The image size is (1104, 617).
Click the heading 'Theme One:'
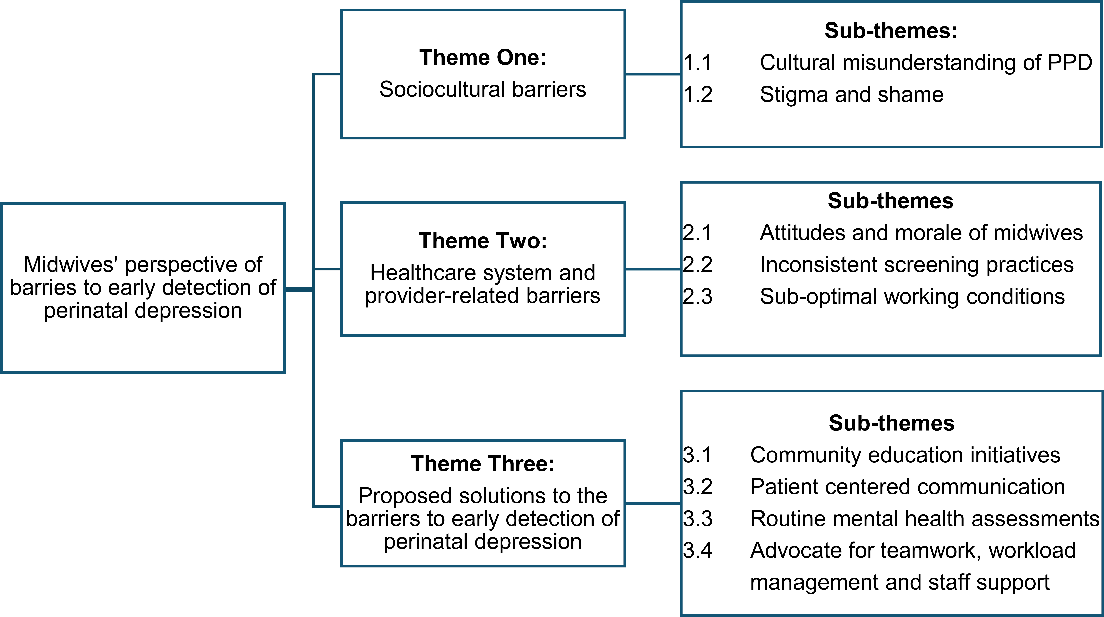pos(483,57)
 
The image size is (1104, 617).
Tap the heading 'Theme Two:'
pos(483,241)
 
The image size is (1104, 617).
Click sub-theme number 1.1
pos(698,63)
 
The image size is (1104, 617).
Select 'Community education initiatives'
pos(905,455)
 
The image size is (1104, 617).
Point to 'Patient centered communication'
pos(908,487)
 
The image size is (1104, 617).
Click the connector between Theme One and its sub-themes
pos(653,74)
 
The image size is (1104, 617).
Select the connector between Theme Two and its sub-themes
pos(653,269)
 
